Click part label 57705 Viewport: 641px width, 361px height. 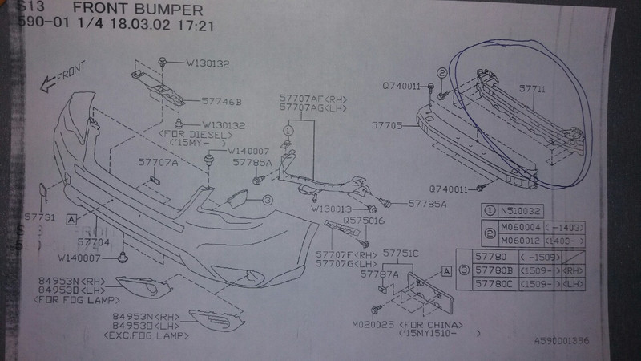tap(390, 125)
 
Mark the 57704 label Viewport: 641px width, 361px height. tap(93, 240)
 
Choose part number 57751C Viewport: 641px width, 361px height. tap(400, 255)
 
